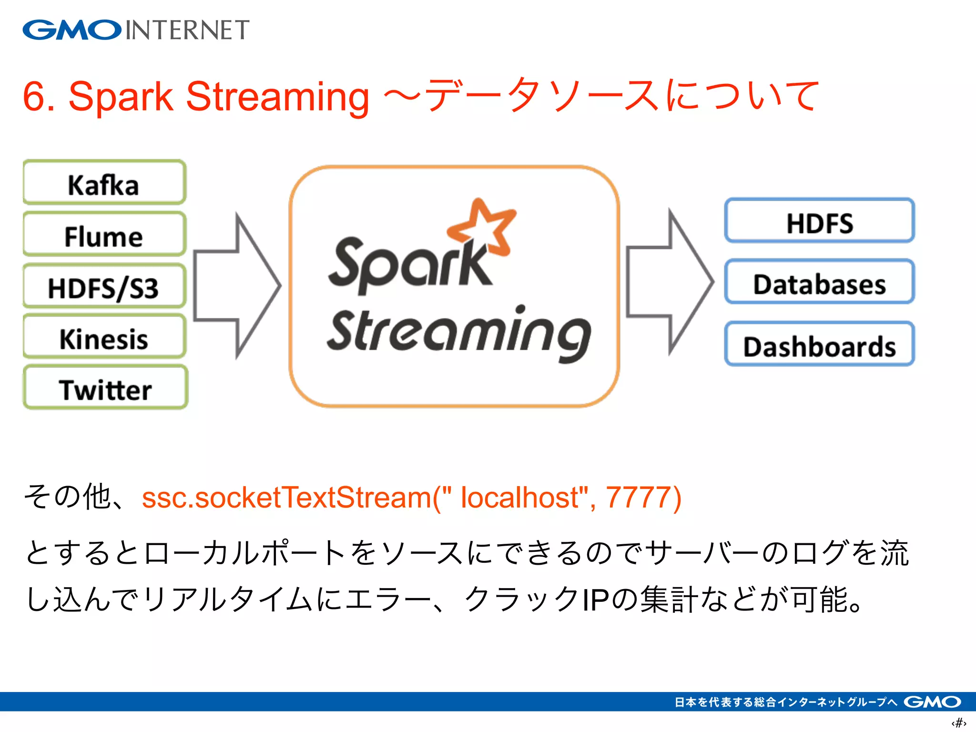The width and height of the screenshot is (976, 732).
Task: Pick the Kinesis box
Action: pyautogui.click(x=104, y=337)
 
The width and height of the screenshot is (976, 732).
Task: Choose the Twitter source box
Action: pyautogui.click(x=105, y=388)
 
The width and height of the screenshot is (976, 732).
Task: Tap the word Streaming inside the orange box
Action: pyautogui.click(x=457, y=331)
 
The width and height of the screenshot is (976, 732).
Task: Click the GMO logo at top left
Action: pyautogui.click(x=71, y=30)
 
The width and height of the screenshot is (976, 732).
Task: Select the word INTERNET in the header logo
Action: pyautogui.click(x=187, y=30)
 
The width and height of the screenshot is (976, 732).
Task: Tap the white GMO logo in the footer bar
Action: pyautogui.click(x=932, y=701)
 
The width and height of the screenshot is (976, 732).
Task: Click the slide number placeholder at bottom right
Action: pyautogui.click(x=958, y=722)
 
